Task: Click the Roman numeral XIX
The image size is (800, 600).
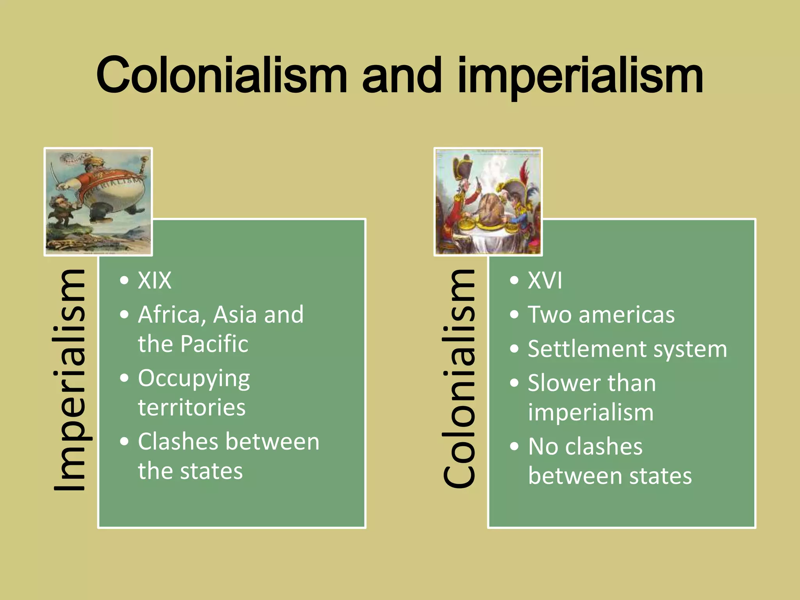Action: coord(155,280)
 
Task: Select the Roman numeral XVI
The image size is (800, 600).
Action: coord(545,280)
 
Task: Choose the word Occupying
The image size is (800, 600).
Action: coord(194,379)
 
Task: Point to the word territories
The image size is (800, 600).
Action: coord(191,408)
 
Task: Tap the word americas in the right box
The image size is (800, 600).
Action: coord(627,315)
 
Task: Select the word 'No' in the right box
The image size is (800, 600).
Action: coord(543,446)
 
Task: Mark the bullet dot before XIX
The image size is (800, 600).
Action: coord(124,280)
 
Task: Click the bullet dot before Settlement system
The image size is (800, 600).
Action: coord(514,349)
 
